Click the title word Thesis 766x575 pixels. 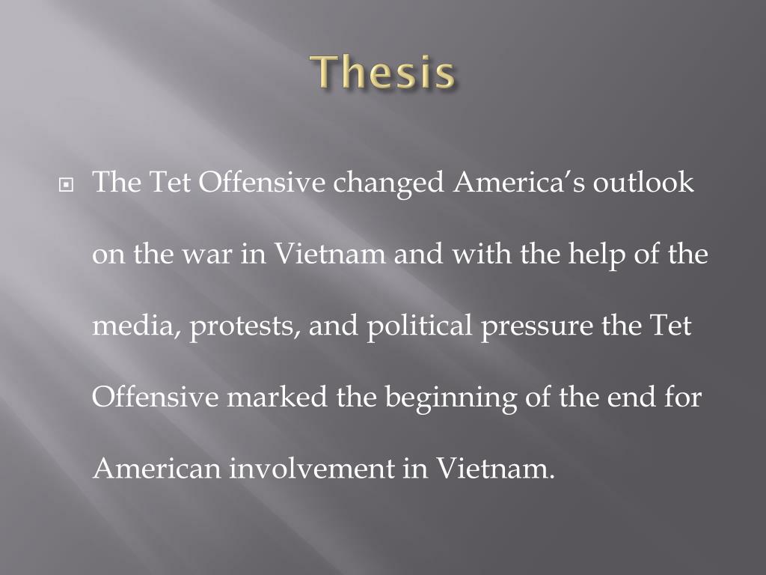pyautogui.click(x=383, y=73)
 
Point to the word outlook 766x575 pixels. pyautogui.click(x=644, y=183)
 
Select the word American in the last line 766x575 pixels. pyautogui.click(x=157, y=469)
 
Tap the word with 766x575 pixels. pyautogui.click(x=474, y=255)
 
